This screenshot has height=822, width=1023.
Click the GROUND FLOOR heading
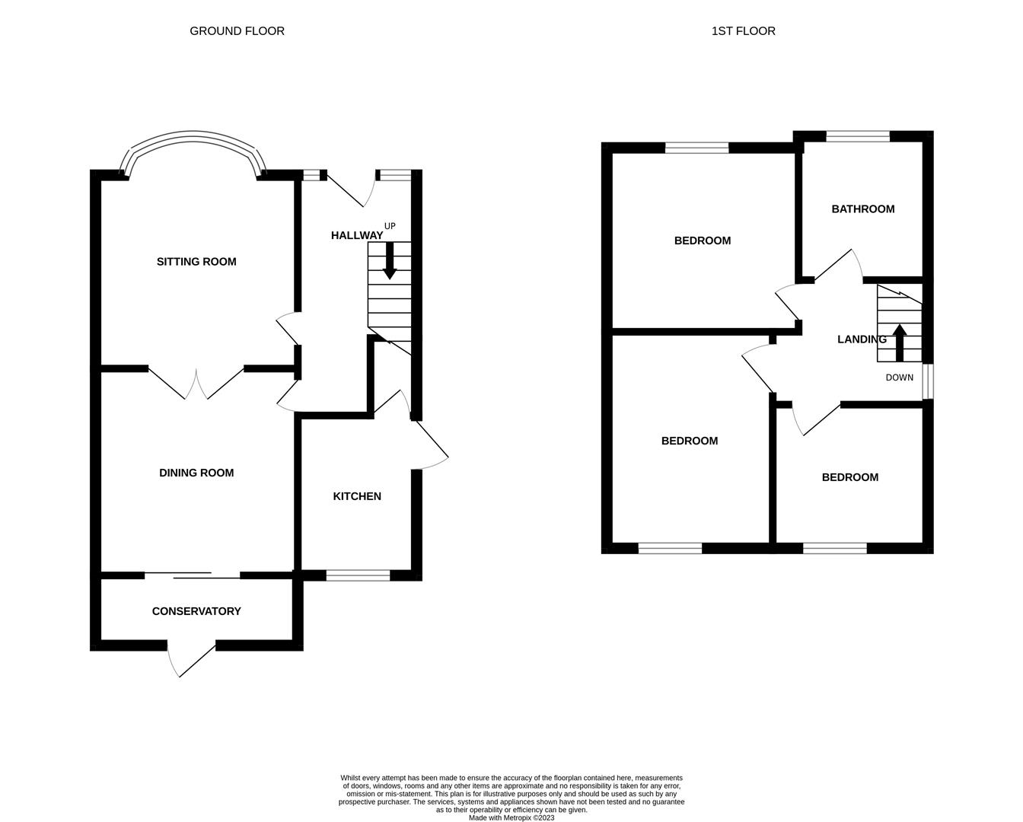(x=237, y=31)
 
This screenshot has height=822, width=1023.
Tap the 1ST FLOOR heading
(x=743, y=31)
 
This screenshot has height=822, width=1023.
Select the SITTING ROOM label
(x=196, y=262)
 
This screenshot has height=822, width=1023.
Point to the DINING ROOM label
(x=196, y=473)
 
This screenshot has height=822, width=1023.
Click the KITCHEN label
(x=357, y=496)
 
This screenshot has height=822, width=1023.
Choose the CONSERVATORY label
(x=196, y=611)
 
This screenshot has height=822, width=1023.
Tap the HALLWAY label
(x=357, y=235)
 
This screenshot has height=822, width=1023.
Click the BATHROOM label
(x=863, y=209)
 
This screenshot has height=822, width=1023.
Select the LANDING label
(x=862, y=339)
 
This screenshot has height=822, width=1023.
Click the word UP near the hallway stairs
(x=390, y=226)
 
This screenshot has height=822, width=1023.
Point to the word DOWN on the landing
(x=900, y=378)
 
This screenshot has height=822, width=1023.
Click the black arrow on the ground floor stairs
(x=390, y=261)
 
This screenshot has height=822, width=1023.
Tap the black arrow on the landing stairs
(x=899, y=343)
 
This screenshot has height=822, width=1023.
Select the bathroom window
(x=858, y=136)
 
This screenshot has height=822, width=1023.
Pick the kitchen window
(x=358, y=575)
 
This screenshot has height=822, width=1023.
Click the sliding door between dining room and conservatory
(x=192, y=575)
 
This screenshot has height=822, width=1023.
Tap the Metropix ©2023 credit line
(x=511, y=817)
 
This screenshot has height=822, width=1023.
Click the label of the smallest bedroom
(x=850, y=477)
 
